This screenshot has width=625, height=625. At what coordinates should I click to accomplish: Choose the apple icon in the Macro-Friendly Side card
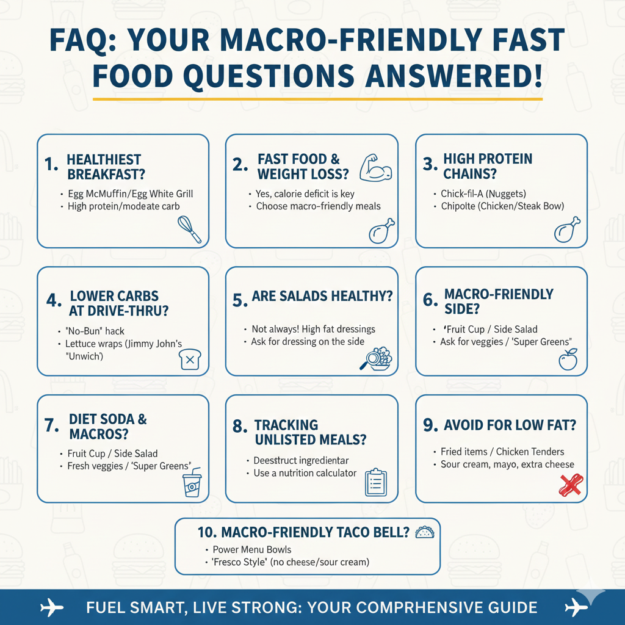(568, 359)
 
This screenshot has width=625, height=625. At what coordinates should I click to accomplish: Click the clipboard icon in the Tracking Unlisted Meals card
(377, 482)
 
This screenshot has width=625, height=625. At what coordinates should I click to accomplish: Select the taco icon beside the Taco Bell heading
(424, 532)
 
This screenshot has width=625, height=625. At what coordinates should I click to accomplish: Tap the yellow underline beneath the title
(317, 98)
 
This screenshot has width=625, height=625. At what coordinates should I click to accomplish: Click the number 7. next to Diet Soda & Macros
(52, 425)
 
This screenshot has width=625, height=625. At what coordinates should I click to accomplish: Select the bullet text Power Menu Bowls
(251, 549)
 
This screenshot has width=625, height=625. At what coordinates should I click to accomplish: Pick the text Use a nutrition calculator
(305, 473)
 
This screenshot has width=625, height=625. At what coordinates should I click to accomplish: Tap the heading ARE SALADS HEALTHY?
(322, 297)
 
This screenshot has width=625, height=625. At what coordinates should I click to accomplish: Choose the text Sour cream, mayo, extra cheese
(507, 464)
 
